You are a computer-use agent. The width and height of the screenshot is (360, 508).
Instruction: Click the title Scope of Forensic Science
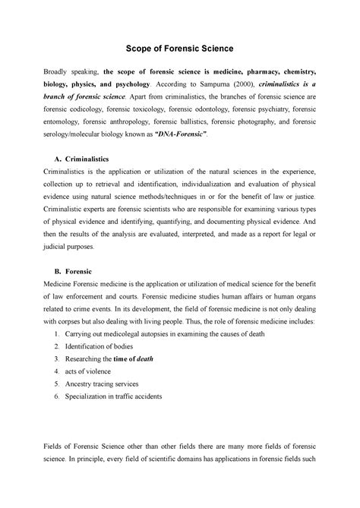click(179, 47)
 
